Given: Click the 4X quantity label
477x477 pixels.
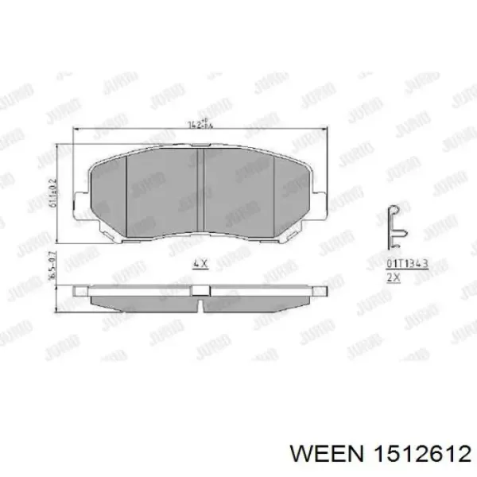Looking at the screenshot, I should coord(200,263).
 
